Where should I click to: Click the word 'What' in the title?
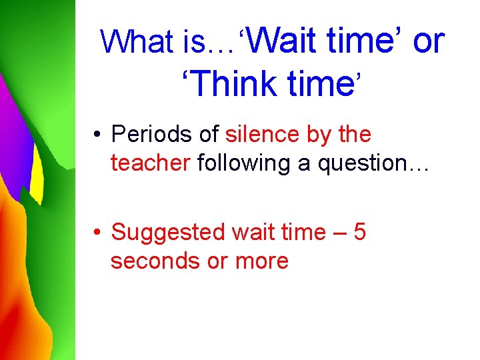[x=137, y=42]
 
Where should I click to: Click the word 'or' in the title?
[x=428, y=41]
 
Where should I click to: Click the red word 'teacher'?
[x=151, y=163]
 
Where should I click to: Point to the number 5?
[x=359, y=233]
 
